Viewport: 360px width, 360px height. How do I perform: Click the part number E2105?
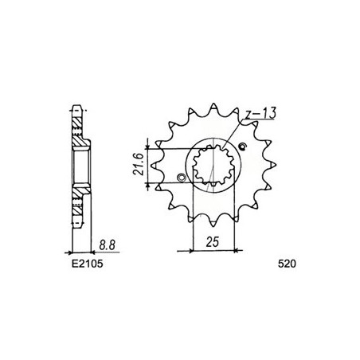(87, 264)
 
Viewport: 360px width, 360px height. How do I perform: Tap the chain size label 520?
(287, 264)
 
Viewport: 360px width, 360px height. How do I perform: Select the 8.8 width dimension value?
(108, 245)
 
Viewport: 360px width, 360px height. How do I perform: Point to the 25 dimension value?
(213, 242)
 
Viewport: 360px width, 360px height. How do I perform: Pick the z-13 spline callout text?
(260, 113)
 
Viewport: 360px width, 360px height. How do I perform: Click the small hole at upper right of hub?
(243, 147)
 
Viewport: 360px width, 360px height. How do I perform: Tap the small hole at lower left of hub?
(182, 177)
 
